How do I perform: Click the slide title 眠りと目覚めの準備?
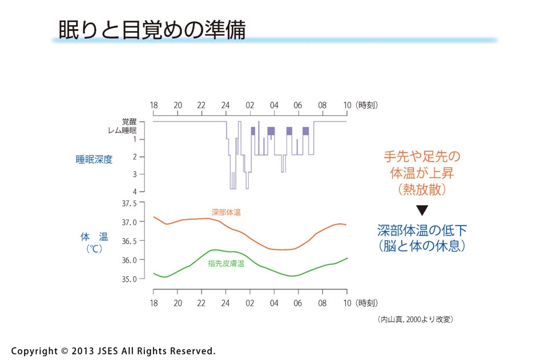152,30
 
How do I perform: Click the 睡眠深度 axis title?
94,160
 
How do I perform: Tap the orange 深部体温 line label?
226,212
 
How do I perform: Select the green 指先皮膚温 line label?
226,264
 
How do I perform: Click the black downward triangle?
422,210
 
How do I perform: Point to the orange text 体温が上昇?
422,173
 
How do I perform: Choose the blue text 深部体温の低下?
422,230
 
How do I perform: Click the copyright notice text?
113,351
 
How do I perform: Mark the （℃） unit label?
94,249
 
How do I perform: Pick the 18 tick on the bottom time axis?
154,301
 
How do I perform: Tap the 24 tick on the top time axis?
226,105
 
